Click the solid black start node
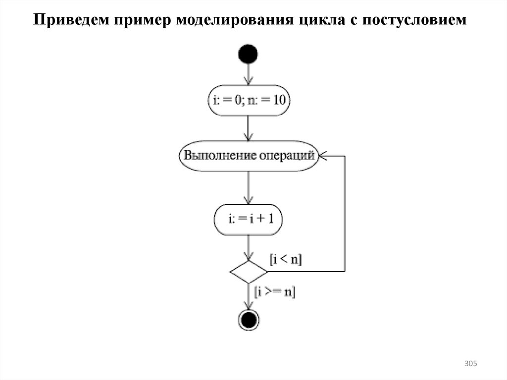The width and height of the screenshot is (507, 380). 248,54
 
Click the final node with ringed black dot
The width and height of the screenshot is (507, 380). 248,320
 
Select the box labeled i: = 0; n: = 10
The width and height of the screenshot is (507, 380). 248,101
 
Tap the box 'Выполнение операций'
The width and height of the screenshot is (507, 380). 248,156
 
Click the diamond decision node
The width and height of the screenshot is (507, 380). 248,271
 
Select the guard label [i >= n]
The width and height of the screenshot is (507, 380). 274,292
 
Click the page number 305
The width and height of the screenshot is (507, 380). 470,364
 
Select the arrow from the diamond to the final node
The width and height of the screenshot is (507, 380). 248,296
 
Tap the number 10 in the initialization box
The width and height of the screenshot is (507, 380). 279,101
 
